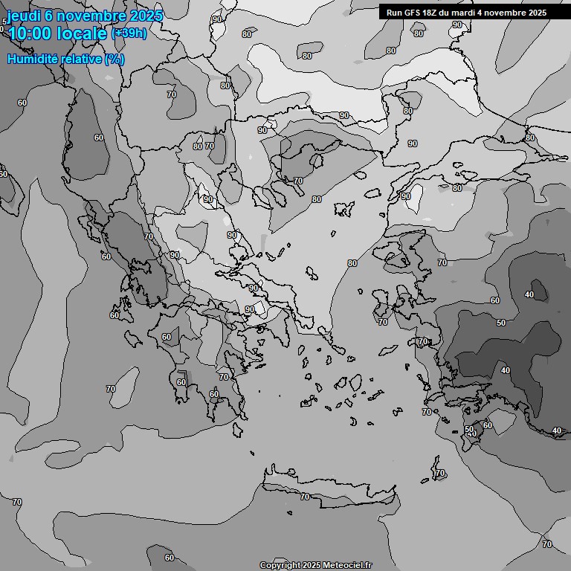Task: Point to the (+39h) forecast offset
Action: (129, 33)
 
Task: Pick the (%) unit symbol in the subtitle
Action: (114, 59)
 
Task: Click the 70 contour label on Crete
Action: (304, 497)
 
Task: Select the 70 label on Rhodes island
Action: (439, 473)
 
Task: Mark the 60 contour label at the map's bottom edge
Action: (170, 558)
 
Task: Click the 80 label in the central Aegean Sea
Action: (352, 263)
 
